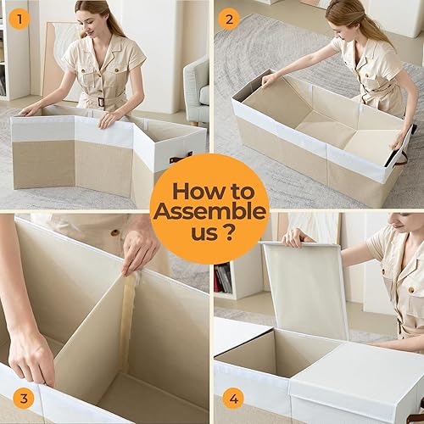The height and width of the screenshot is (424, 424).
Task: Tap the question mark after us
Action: click(232, 232)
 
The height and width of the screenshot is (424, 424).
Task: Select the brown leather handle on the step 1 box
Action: click(179, 157)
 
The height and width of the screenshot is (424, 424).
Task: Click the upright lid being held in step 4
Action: click(305, 288)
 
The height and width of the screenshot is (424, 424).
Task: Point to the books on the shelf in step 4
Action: click(223, 278)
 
